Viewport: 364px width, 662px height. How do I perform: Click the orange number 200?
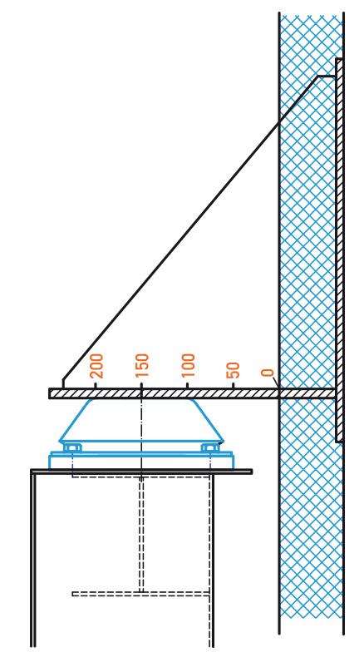pyautogui.click(x=96, y=366)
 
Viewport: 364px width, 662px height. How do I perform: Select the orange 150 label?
pyautogui.click(x=142, y=366)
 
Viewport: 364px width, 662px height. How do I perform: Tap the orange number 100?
pyautogui.click(x=188, y=366)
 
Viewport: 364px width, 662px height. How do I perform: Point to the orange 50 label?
pyautogui.click(x=233, y=370)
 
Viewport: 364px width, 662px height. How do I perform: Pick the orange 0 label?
pyautogui.click(x=268, y=373)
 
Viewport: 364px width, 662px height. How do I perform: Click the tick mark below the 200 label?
pyautogui.click(x=96, y=385)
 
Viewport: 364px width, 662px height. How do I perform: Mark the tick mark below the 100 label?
pyautogui.click(x=187, y=385)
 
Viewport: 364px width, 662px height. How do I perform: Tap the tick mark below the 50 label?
pyautogui.click(x=233, y=385)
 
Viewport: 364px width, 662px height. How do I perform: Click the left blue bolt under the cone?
pyautogui.click(x=72, y=447)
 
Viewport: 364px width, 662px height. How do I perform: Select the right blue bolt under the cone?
pyautogui.click(x=210, y=447)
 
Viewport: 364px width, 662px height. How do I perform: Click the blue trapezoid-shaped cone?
pyautogui.click(x=141, y=421)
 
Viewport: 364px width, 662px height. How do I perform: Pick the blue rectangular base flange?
pyautogui.click(x=141, y=461)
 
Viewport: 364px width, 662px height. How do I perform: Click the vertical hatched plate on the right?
pyautogui.click(x=340, y=250)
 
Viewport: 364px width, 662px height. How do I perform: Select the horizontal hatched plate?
pyautogui.click(x=193, y=393)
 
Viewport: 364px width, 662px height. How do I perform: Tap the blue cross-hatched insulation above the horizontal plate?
pyautogui.click(x=312, y=200)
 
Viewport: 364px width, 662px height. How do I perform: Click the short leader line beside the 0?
pyautogui.click(x=275, y=383)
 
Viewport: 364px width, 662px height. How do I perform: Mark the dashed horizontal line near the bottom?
pyautogui.click(x=141, y=594)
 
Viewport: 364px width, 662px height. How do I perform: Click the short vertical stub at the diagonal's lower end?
pyautogui.click(x=63, y=383)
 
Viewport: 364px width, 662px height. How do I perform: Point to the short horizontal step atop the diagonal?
pyautogui.click(x=327, y=77)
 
